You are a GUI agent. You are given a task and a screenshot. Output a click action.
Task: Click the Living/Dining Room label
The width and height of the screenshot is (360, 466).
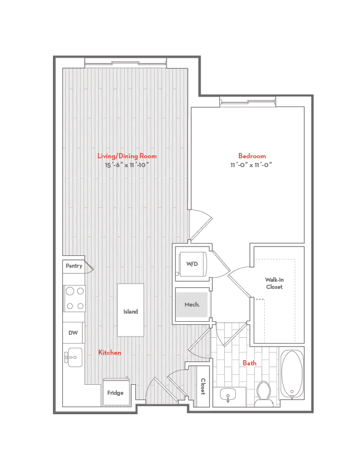pos(127,156)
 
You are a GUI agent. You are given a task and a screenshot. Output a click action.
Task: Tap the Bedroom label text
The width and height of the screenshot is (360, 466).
pos(252,156)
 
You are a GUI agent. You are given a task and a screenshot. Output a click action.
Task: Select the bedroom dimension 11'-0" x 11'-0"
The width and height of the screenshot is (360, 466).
pos(252,165)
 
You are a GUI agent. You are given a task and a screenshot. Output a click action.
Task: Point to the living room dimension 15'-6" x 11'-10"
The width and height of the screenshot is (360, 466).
pos(127,165)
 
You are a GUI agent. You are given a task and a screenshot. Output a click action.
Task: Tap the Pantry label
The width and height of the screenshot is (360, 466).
pos(74,266)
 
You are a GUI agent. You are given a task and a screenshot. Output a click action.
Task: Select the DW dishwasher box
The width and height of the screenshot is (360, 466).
pos(73,333)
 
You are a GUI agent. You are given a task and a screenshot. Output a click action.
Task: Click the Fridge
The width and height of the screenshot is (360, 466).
pos(115,392)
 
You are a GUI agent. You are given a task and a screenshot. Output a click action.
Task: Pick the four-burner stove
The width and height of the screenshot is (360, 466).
pos(75,298)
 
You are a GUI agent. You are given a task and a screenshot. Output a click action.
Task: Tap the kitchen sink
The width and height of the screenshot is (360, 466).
pos(73,356)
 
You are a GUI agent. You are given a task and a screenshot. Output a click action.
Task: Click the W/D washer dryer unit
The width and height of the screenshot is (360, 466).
pos(192,264)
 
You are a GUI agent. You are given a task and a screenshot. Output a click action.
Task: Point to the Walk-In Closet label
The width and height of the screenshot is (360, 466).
pos(274,283)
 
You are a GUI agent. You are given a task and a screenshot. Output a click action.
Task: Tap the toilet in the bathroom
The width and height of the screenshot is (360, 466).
pos(264,394)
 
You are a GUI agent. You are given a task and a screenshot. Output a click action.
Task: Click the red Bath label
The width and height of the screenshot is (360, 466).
pos(249,363)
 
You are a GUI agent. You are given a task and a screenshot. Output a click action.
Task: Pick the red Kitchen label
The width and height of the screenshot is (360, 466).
pos(109,352)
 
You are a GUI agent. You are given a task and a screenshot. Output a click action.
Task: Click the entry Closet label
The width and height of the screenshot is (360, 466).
pos(203,386)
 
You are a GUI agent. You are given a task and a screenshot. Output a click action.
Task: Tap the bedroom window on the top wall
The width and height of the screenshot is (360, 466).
pos(248,102)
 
